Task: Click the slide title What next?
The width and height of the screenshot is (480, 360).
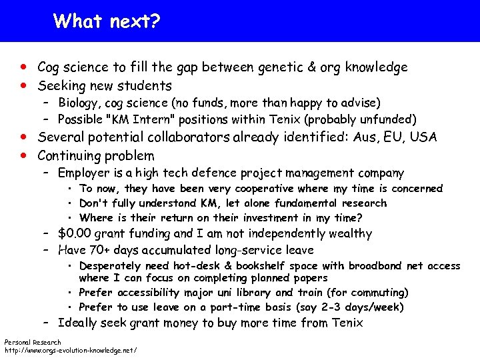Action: tap(107, 21)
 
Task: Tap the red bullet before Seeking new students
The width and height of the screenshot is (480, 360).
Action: tap(24, 86)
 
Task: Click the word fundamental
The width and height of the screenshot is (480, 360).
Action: tap(305, 203)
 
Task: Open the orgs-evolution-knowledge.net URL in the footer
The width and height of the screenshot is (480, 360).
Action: tap(71, 350)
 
